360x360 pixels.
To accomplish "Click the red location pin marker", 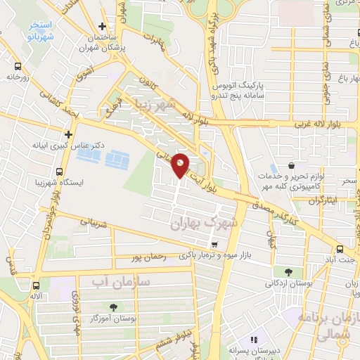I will tap(181, 165).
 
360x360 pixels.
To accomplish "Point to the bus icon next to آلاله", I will tap(36, 285).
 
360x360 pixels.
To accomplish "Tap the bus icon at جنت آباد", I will tap(340, 249).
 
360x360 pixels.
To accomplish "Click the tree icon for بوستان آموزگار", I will tap(112, 307).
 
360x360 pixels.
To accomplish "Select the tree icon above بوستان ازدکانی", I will tap(289, 272).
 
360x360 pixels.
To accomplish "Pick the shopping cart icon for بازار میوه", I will tap(214, 245).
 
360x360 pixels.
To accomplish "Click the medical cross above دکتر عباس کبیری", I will tap(68, 134).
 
